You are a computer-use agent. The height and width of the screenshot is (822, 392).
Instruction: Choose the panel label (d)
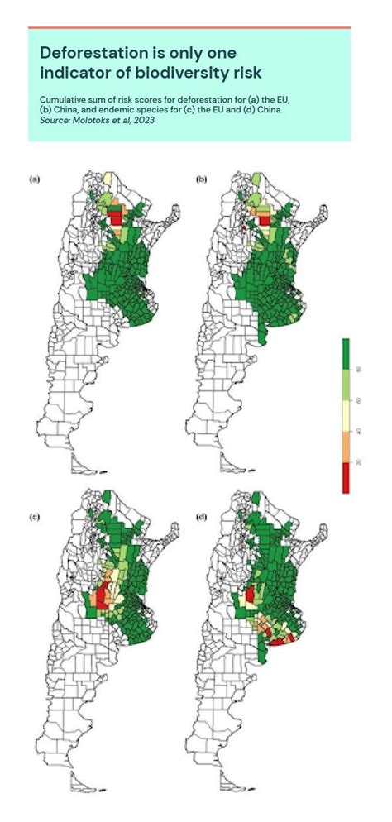198,518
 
